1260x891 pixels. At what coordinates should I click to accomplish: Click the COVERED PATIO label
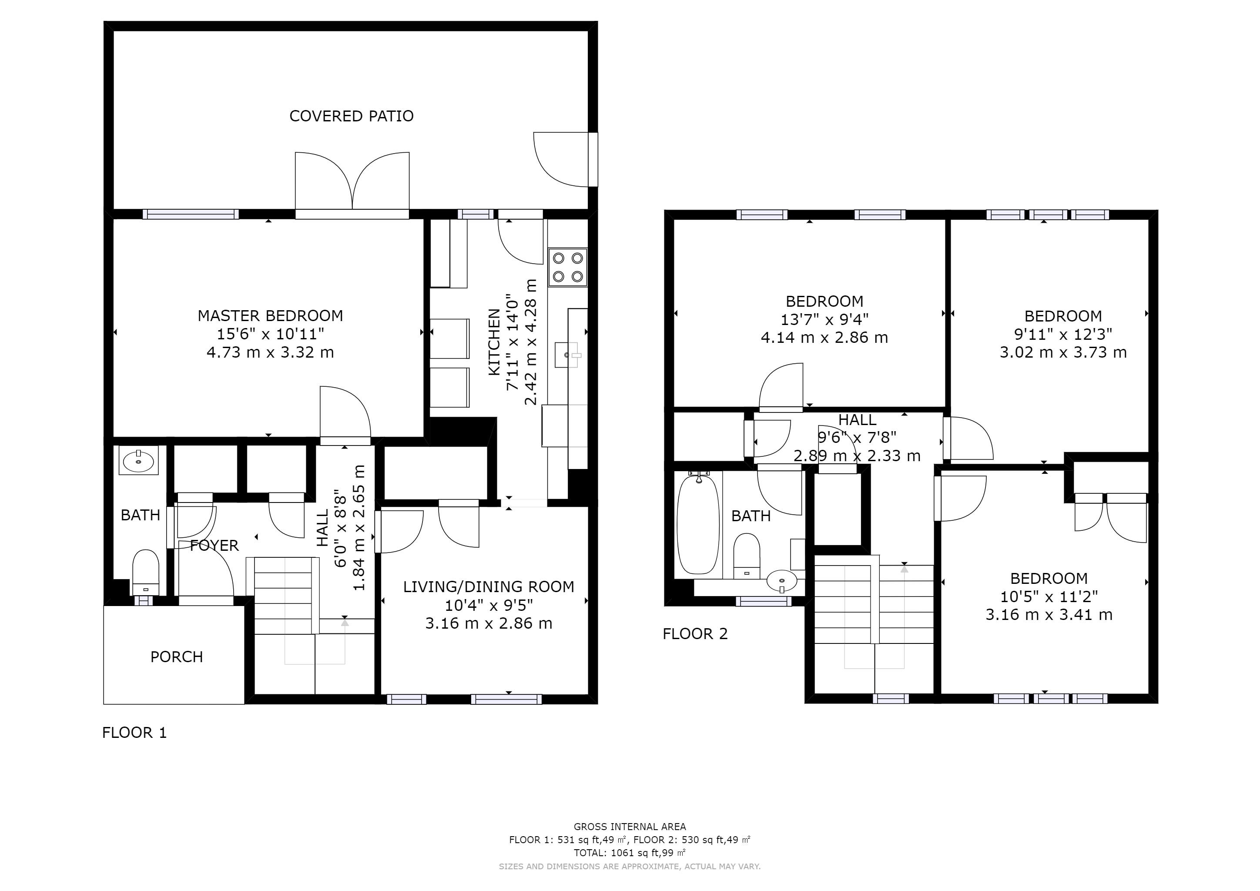tap(351, 116)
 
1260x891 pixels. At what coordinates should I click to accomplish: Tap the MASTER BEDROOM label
tap(270, 316)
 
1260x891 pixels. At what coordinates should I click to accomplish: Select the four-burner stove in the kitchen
tap(567, 267)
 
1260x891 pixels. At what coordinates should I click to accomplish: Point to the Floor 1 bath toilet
tap(146, 572)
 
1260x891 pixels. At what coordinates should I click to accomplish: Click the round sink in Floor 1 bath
tap(138, 460)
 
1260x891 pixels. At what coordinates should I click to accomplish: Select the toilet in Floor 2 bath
tap(747, 555)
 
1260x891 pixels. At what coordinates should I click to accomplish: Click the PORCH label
tap(177, 657)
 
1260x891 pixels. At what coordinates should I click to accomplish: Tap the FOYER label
tap(214, 546)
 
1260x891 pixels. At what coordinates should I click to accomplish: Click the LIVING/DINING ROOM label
tap(489, 587)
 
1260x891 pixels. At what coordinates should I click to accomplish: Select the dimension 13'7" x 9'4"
tap(824, 319)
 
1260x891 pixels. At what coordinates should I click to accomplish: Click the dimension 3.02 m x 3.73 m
tap(1063, 352)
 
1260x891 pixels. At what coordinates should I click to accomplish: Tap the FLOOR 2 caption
tap(695, 634)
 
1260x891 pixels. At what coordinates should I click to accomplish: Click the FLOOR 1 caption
tap(134, 733)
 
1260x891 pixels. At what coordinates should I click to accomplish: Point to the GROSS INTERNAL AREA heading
tap(630, 827)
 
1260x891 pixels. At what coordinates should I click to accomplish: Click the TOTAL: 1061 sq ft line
tap(630, 853)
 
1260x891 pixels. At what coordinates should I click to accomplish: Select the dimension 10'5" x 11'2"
tap(1049, 596)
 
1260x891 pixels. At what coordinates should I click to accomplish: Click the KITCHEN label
tap(494, 342)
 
